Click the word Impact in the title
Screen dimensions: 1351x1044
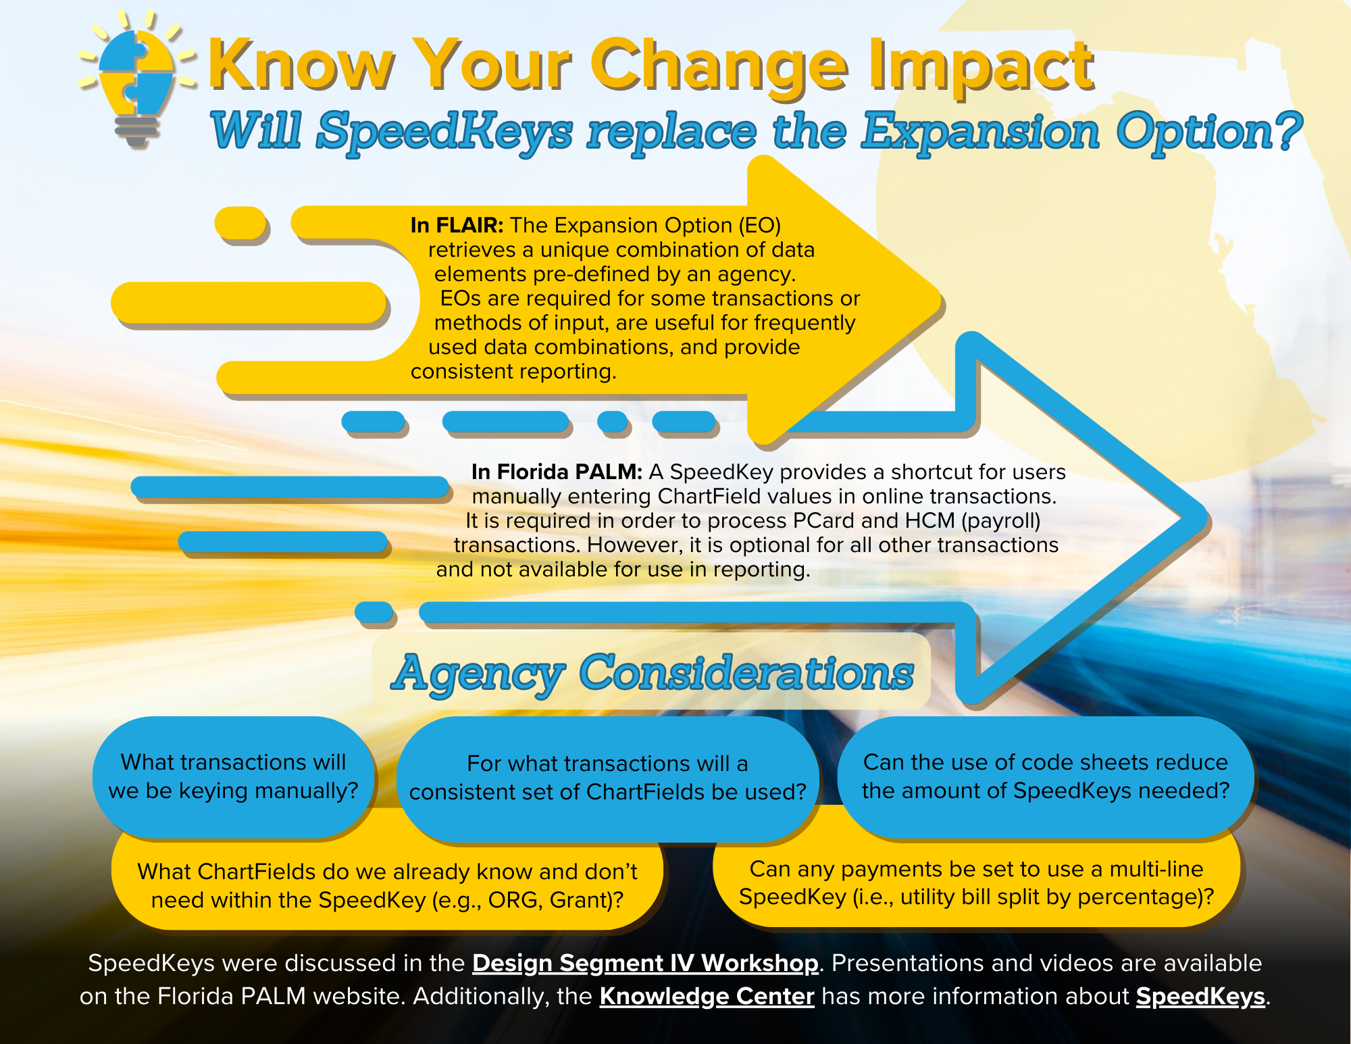(x=981, y=66)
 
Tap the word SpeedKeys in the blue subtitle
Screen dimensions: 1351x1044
(x=445, y=131)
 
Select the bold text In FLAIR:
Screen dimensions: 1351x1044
(x=457, y=225)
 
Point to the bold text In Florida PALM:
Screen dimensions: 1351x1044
(x=557, y=472)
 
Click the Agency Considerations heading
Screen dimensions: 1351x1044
(x=652, y=673)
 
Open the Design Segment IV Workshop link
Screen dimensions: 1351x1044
(x=645, y=963)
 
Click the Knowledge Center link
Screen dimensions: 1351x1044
(x=707, y=996)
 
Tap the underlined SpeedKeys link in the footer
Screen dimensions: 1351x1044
(x=1200, y=997)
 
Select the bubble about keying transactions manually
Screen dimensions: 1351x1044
(x=234, y=777)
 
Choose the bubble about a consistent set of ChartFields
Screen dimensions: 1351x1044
(x=608, y=778)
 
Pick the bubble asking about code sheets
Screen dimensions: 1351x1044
(x=1046, y=777)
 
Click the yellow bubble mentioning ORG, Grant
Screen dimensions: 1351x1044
(x=387, y=885)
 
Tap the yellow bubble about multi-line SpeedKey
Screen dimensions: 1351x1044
(x=977, y=883)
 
